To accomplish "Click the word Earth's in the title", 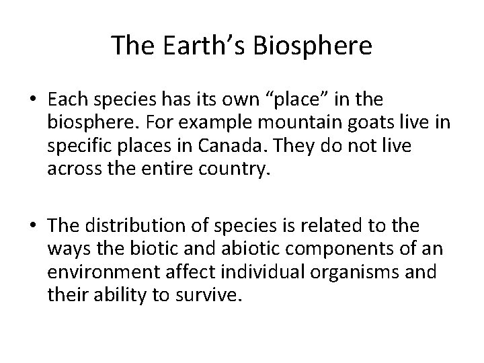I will point(192,46).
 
